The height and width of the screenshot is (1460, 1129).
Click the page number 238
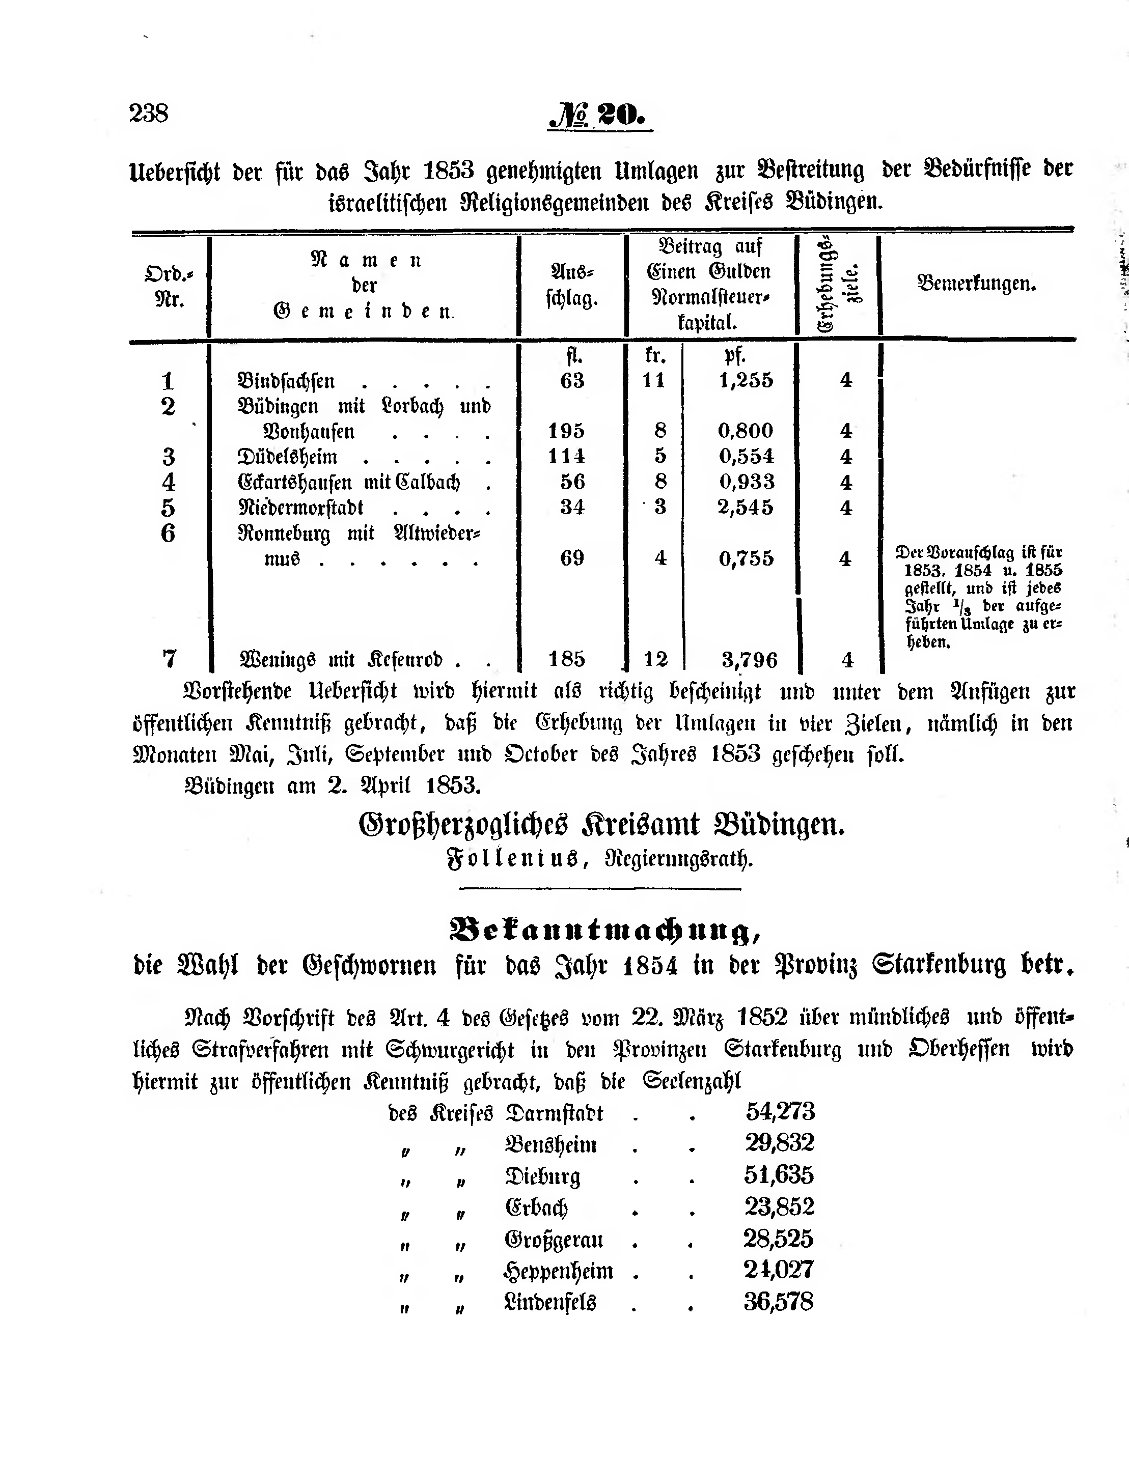(x=149, y=113)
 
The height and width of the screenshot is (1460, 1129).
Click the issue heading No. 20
(x=598, y=116)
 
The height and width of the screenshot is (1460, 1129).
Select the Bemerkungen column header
(x=977, y=284)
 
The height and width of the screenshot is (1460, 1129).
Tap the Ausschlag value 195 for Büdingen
(x=566, y=431)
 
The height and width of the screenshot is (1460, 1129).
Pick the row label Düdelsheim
(x=288, y=457)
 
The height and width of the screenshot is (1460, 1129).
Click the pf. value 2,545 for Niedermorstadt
(x=745, y=508)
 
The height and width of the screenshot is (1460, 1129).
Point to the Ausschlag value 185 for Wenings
(x=566, y=660)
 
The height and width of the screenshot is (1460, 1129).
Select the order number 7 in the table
(x=169, y=659)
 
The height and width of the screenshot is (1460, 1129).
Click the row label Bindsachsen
(x=286, y=381)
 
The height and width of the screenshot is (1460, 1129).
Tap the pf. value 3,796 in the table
(x=749, y=660)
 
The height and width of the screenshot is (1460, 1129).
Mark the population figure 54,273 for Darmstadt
(x=780, y=1111)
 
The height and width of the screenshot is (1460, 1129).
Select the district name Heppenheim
(x=559, y=1271)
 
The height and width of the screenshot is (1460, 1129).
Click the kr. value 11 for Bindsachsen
(x=654, y=380)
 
